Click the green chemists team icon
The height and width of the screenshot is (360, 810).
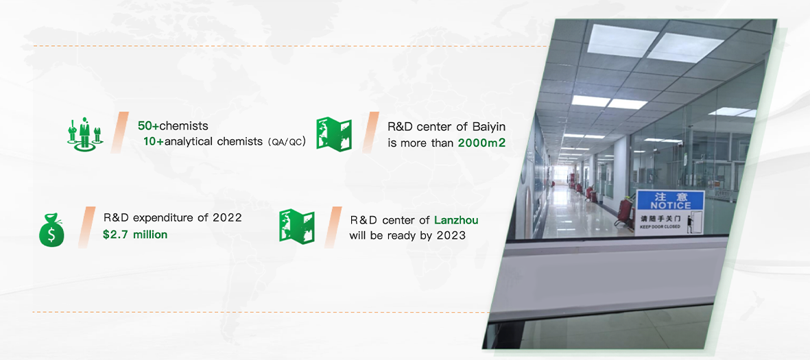[x=85, y=134]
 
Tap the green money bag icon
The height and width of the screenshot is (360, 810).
[x=51, y=231]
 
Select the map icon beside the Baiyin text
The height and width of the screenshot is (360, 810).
[x=334, y=134]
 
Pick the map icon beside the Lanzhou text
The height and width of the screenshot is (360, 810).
[x=297, y=225]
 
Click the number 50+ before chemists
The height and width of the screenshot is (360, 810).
[x=148, y=126]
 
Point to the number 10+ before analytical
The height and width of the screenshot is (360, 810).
[x=154, y=141]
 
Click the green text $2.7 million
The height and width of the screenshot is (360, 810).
[x=135, y=235]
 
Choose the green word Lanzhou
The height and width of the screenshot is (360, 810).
[x=456, y=220]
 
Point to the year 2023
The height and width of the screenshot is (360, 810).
[x=451, y=235]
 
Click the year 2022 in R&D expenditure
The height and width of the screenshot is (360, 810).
[x=227, y=218]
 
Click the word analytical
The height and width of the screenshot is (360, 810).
[x=189, y=142]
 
